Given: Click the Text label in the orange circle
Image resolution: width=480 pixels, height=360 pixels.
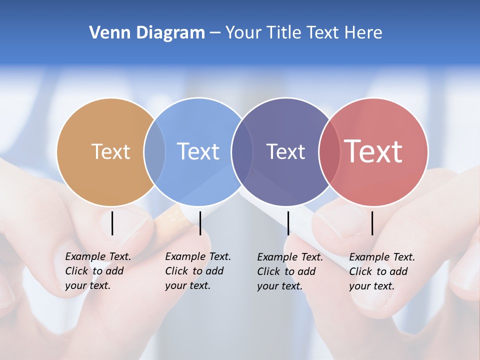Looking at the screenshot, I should click(110, 151).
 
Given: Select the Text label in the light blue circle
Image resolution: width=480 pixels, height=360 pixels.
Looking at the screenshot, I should click(198, 151).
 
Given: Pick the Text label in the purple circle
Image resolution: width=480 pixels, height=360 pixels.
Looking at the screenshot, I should click(285, 151).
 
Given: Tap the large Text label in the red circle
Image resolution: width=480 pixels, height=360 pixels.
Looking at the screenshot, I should click(373, 151).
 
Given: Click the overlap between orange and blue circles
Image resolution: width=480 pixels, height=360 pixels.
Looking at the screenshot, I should click(154, 152).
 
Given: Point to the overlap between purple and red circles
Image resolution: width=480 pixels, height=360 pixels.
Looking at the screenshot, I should click(329, 152).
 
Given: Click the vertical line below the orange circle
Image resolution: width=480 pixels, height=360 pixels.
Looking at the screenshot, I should click(112, 223).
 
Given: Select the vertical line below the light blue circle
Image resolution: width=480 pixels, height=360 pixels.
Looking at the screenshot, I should click(200, 223).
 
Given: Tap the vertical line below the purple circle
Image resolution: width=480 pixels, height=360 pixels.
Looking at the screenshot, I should click(288, 223).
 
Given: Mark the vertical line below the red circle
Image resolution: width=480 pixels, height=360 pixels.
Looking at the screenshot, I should click(372, 223).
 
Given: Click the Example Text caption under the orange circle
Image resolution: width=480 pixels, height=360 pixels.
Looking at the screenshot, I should click(98, 271).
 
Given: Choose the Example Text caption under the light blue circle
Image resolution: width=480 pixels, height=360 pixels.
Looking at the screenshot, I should click(198, 271).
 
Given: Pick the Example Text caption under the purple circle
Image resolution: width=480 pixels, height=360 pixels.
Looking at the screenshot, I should click(290, 271).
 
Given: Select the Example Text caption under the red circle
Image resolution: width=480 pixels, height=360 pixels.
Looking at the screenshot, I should click(382, 271).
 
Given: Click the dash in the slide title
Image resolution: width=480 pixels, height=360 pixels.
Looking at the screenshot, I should click(215, 33).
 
